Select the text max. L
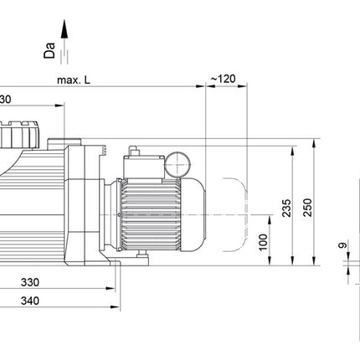tap(75, 81)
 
